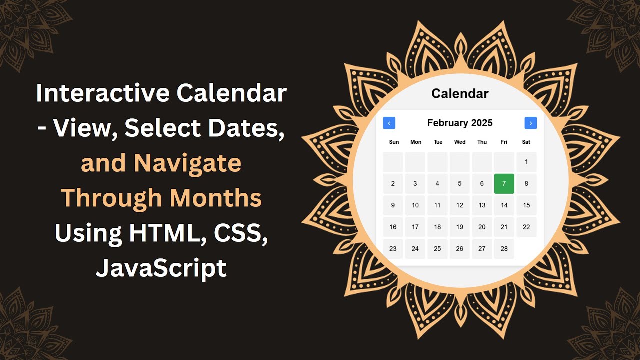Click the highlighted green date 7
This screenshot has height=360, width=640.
point(504,183)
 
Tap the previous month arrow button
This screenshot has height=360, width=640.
point(389,123)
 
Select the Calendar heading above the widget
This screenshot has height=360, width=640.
point(460,93)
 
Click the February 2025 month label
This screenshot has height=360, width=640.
point(460,123)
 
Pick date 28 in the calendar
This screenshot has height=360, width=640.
point(504,249)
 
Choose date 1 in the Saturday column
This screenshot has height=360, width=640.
point(526,162)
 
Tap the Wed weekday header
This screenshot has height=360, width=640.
point(460,142)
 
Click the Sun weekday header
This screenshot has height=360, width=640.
point(394,142)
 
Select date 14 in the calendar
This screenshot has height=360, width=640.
point(504,205)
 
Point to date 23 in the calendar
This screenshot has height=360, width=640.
point(393,249)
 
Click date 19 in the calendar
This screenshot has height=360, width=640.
point(460,227)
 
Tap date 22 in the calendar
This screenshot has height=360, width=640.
point(526,227)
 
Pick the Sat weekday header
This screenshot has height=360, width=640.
point(526,142)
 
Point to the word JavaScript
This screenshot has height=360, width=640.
point(161,268)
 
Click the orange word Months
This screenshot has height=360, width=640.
point(215,198)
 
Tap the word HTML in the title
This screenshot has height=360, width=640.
point(159,233)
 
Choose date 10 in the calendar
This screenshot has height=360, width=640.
point(415,205)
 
